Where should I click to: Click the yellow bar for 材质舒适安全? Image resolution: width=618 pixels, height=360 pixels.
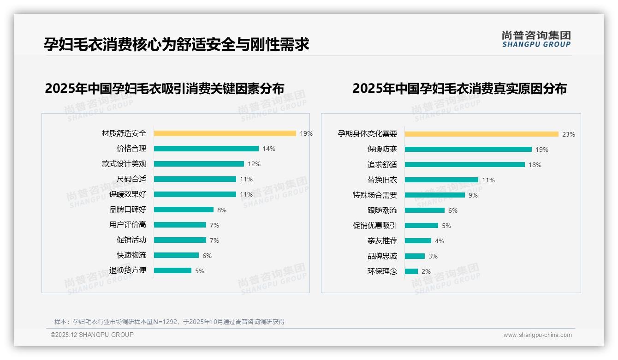click(x=225, y=133)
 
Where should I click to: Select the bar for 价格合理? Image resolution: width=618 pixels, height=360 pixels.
click(x=206, y=149)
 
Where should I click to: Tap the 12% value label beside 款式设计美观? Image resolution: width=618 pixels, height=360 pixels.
click(x=254, y=164)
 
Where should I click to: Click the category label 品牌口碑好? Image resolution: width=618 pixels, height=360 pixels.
click(x=127, y=210)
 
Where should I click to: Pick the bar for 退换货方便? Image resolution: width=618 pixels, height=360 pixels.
click(x=172, y=270)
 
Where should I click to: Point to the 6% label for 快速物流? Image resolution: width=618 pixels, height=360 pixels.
click(x=207, y=256)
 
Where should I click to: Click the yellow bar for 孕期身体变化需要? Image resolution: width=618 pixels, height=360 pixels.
click(x=481, y=134)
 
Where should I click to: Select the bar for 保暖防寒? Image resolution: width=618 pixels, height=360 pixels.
click(x=468, y=150)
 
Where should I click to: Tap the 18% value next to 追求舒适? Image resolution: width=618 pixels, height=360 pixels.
click(x=535, y=165)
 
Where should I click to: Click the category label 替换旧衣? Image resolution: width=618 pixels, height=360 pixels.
click(x=382, y=180)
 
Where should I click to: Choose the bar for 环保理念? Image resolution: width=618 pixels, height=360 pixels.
click(x=411, y=271)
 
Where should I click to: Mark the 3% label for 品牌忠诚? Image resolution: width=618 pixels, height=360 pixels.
click(x=433, y=256)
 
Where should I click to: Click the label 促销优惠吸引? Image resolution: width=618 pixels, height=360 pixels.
click(x=374, y=226)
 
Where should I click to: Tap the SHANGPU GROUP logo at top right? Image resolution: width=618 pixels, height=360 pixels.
click(x=536, y=39)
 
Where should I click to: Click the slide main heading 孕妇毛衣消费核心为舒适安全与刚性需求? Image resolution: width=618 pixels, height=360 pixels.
click(x=176, y=44)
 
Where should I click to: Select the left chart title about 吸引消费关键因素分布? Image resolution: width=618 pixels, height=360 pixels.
click(x=164, y=88)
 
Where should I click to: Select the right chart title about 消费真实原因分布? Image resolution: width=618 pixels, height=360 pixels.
click(x=459, y=88)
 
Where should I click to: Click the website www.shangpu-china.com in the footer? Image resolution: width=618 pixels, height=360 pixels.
click(x=537, y=335)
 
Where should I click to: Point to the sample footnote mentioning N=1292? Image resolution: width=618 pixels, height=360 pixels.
click(x=169, y=322)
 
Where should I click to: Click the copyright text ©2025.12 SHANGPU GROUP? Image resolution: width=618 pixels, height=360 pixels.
click(x=92, y=335)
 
